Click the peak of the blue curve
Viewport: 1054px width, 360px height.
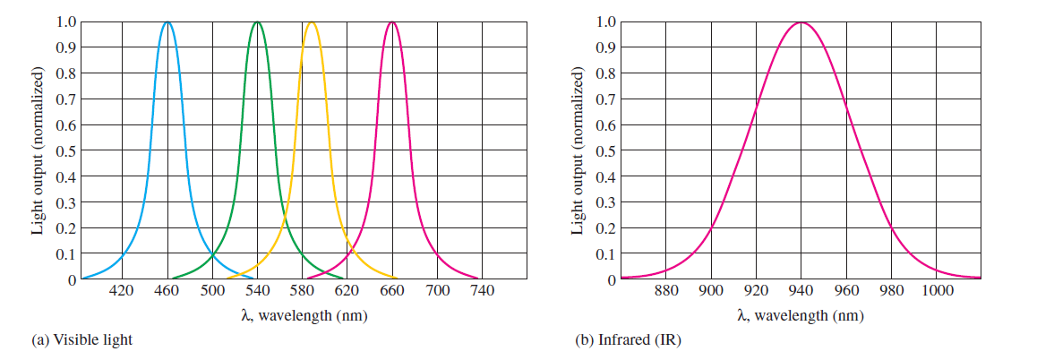coord(167,22)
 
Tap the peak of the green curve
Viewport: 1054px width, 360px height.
coord(257,22)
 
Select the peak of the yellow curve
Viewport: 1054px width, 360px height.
coord(311,22)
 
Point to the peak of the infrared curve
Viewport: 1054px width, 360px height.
coord(801,23)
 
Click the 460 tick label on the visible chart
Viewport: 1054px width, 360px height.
coord(167,291)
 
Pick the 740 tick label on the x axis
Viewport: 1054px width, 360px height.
coord(482,291)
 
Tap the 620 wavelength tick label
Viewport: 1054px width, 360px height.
coord(347,291)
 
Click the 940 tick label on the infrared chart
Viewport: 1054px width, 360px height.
coord(801,291)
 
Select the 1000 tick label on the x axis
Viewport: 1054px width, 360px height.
coord(937,291)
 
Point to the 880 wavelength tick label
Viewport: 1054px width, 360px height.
coord(665,291)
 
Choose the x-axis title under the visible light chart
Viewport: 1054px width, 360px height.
coord(303,315)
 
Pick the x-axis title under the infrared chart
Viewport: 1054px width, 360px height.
coord(801,315)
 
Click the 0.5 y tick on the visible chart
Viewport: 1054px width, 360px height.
coord(65,150)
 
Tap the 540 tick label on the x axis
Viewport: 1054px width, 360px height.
coord(257,291)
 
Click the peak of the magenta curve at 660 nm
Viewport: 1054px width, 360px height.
coord(391,22)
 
